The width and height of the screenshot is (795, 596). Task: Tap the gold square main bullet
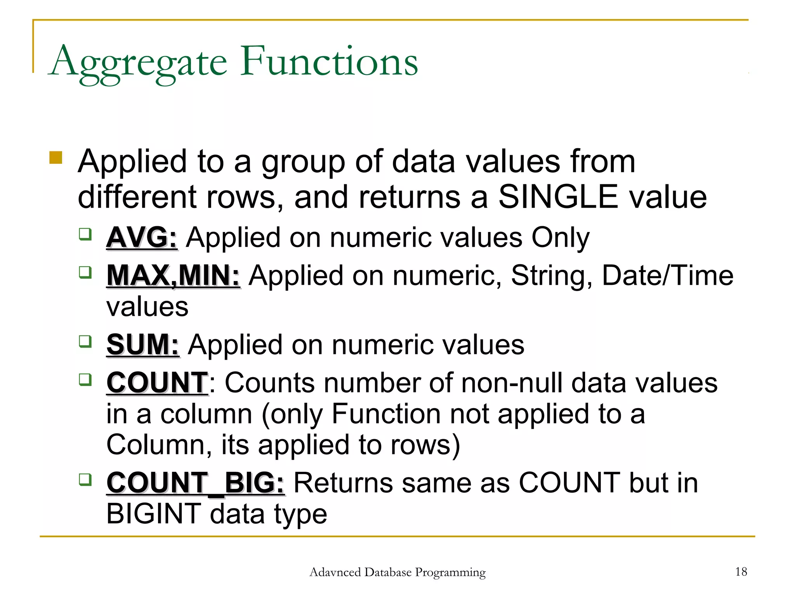[x=56, y=158]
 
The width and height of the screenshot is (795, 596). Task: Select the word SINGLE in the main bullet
[x=558, y=197]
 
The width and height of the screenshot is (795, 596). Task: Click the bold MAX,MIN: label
[x=173, y=275]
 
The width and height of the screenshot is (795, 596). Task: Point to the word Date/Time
[x=667, y=275]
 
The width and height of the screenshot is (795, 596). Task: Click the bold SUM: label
[x=143, y=345]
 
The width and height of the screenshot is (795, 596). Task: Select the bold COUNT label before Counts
[x=157, y=383]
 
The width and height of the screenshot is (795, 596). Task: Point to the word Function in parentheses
[x=386, y=414]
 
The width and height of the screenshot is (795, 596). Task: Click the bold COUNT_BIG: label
[x=195, y=483]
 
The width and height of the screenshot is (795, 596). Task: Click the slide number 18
[x=741, y=572]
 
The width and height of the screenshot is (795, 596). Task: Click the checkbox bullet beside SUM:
[x=85, y=341]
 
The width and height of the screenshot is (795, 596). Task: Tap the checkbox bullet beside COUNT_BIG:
[x=85, y=480]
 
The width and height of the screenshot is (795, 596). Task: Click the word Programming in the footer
[x=450, y=572]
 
